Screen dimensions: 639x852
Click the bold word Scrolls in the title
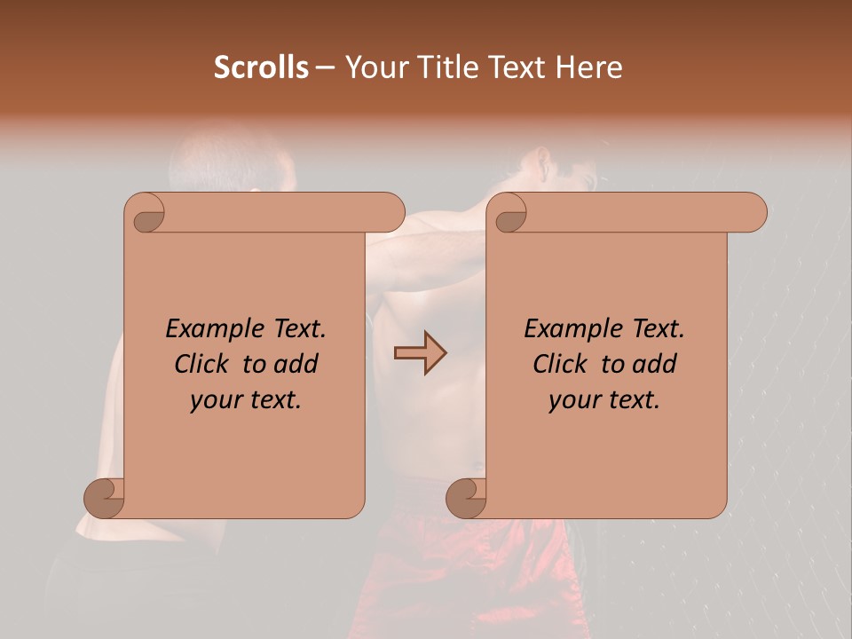[261, 67]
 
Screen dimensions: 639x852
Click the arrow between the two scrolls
[420, 353]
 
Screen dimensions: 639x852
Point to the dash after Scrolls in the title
[326, 68]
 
